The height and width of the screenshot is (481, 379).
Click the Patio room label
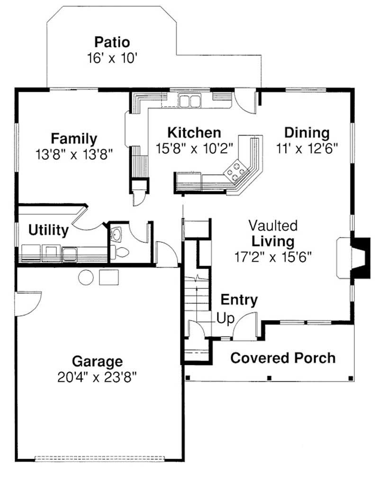(x=112, y=41)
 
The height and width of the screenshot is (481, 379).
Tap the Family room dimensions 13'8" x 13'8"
(x=74, y=154)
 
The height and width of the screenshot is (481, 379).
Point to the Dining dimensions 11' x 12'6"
(x=307, y=148)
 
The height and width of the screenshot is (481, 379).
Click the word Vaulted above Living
(x=273, y=225)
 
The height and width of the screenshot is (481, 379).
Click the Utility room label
(x=48, y=231)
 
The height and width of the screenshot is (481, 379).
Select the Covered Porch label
(x=283, y=358)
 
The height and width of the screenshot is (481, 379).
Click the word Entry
(x=239, y=300)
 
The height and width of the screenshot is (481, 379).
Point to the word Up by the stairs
(x=225, y=318)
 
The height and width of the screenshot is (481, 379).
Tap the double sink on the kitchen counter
(x=190, y=101)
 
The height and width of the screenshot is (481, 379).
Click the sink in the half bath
(x=116, y=233)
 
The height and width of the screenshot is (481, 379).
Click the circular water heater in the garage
(x=86, y=277)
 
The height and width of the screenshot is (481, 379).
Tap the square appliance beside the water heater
(x=108, y=277)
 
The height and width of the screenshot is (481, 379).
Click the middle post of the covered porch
(x=269, y=378)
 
